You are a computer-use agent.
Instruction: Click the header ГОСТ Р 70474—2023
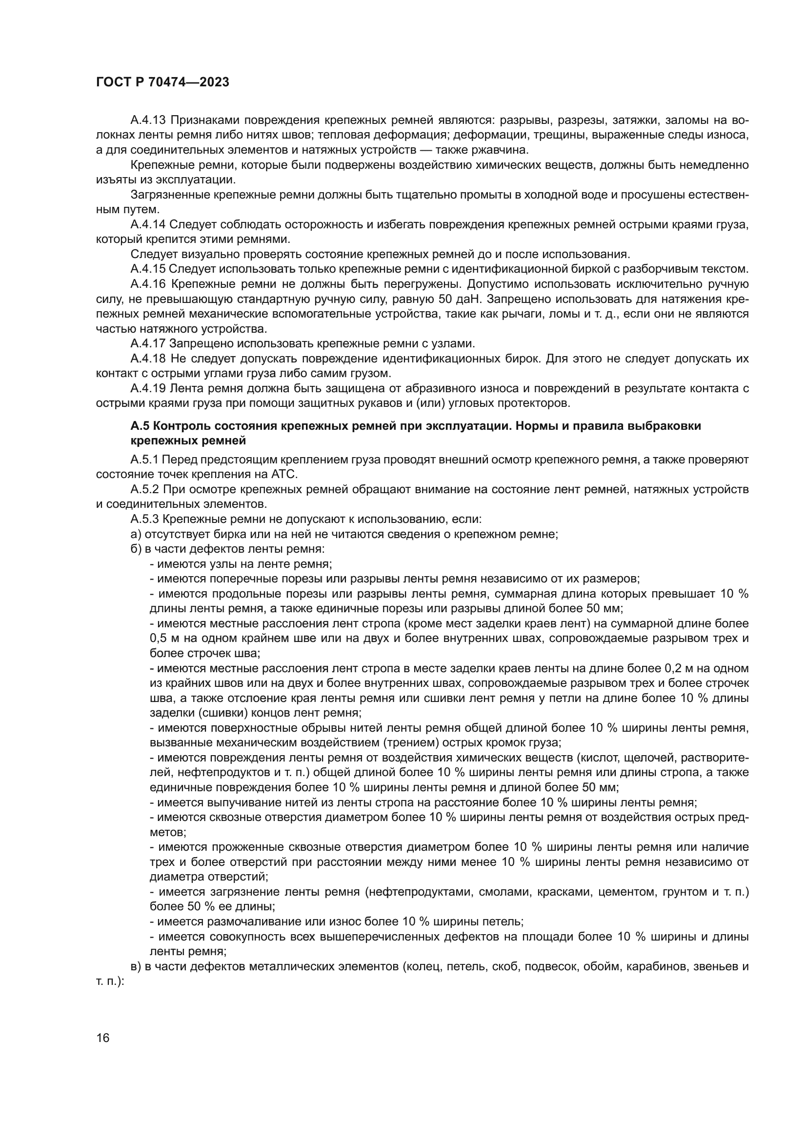(x=162, y=82)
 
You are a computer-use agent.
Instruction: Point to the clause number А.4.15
(x=148, y=269)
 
